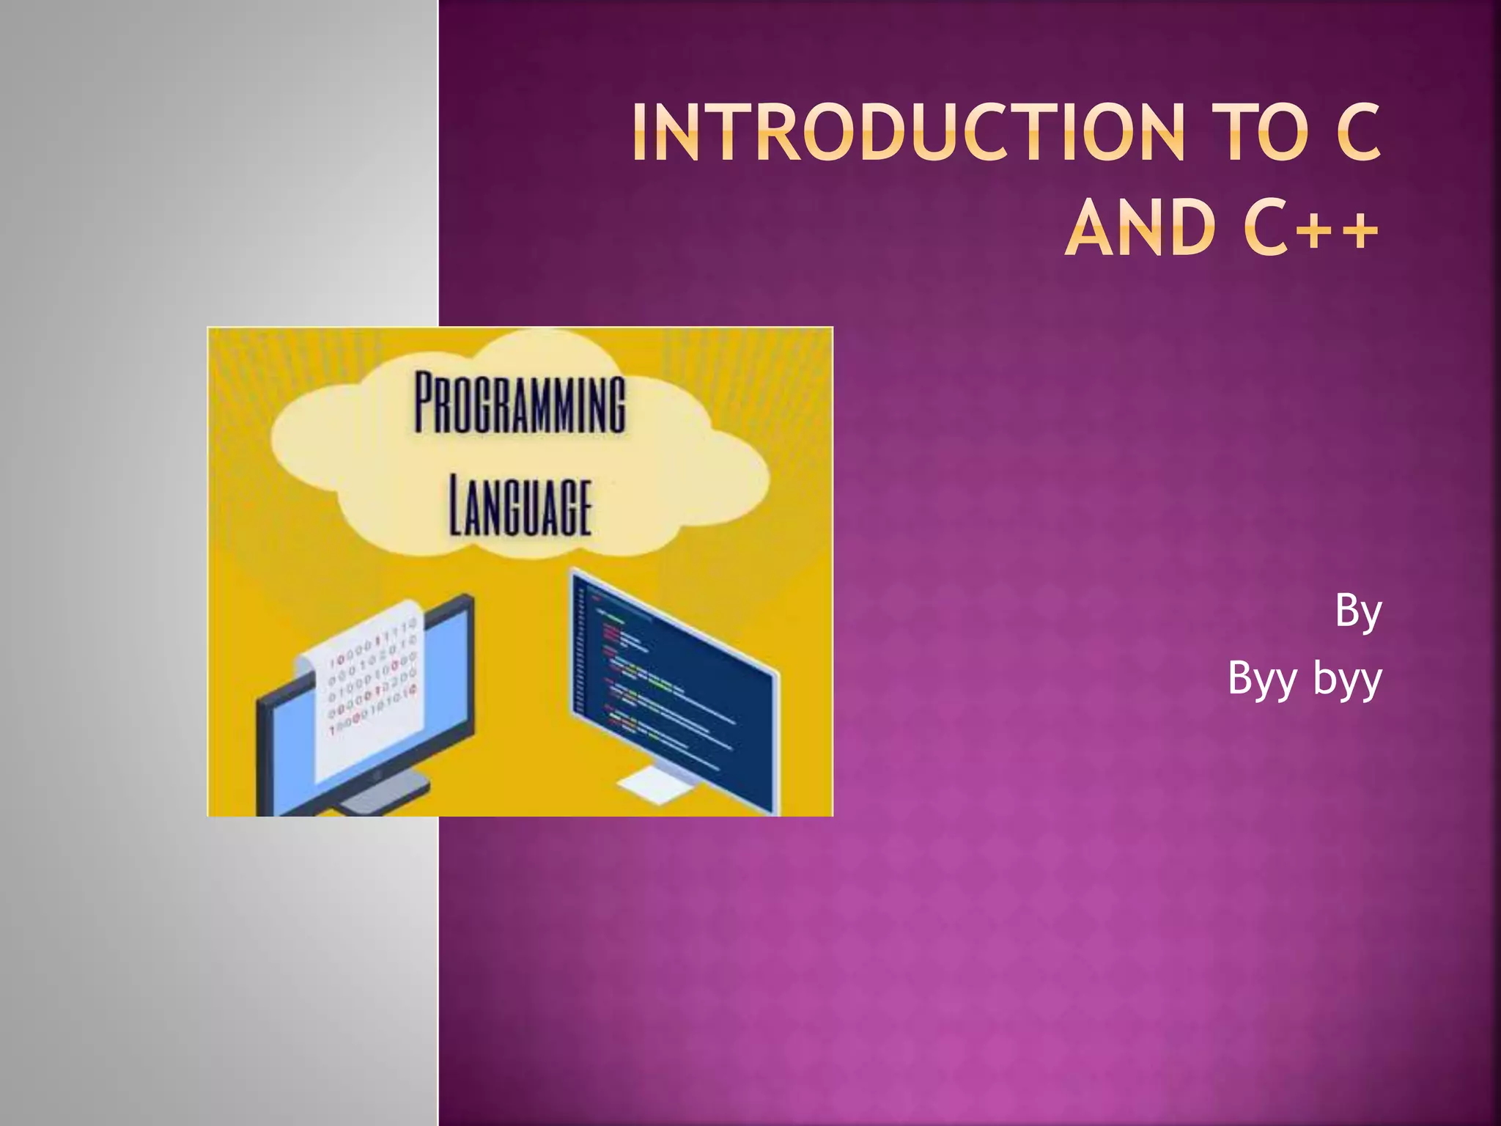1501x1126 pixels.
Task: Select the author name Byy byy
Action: pos(1305,678)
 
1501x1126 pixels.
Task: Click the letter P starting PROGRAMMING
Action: pos(427,403)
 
